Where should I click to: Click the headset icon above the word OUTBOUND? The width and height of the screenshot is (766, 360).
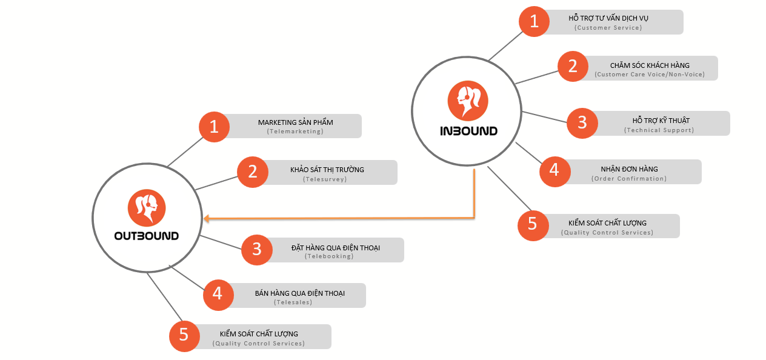[x=147, y=208]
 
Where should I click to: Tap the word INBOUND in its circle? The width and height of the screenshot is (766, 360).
[x=468, y=130]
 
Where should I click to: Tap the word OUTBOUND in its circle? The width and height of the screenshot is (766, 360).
[x=147, y=236]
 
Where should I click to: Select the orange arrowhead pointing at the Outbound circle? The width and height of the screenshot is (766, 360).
[x=207, y=218]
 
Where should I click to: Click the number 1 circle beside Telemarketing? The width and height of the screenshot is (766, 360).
[x=214, y=127]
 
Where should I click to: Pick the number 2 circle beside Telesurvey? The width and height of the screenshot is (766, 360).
[x=253, y=172]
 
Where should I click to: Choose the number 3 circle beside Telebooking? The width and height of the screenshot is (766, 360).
[x=257, y=250]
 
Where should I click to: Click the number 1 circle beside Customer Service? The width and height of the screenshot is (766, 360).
[x=534, y=22]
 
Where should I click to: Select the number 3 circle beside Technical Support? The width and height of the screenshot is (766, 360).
[x=582, y=123]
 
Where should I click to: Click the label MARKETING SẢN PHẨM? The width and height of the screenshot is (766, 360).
[x=295, y=122]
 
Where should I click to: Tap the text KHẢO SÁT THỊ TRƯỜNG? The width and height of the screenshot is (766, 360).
[x=327, y=170]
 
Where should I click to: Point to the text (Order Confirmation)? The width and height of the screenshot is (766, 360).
[x=629, y=178]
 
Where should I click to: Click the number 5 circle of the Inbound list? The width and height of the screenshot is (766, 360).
[x=533, y=224]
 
